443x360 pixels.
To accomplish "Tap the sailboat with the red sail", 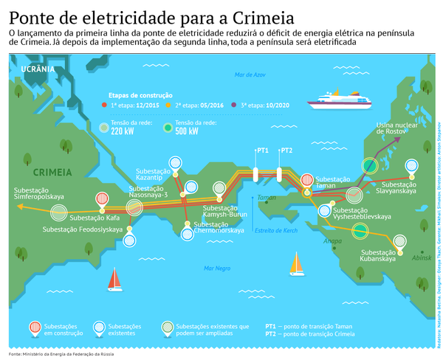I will coord(115,279).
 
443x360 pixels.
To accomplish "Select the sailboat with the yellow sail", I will coord(297,263).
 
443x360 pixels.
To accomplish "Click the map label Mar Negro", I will coord(217,268).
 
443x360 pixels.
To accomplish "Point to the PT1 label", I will coord(262,150).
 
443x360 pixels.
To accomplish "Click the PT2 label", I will coord(286,150).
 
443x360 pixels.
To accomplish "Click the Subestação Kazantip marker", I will coord(175,162).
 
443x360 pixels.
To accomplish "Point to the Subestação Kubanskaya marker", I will coord(399,242).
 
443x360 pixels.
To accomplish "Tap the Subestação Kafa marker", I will coord(102,199).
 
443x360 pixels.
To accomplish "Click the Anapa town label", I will coord(332,240).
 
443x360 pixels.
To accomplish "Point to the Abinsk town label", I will coord(421,257).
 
